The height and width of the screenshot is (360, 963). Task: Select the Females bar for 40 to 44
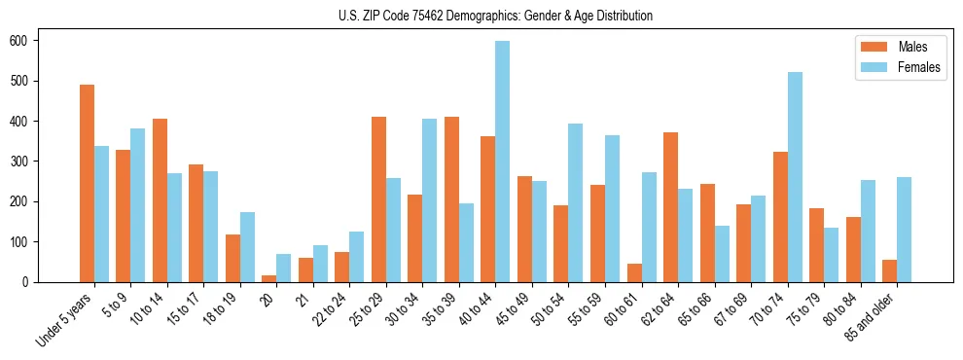tap(503, 162)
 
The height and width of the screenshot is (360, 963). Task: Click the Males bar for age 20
tap(269, 278)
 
